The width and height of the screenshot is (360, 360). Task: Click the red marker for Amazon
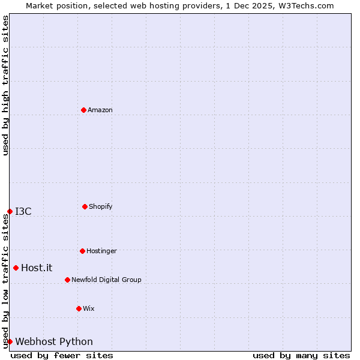[83, 110]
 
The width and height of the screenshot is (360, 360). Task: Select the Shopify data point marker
[85, 206]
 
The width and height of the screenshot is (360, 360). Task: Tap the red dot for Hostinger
[82, 251]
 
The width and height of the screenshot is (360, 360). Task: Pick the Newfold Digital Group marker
[67, 280]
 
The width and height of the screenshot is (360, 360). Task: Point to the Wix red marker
[79, 308]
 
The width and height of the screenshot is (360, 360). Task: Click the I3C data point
[10, 211]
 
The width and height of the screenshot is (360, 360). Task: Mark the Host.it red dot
[16, 268]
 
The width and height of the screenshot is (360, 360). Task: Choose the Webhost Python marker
[10, 341]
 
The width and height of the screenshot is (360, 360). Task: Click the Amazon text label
[100, 110]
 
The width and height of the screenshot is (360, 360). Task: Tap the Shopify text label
[101, 206]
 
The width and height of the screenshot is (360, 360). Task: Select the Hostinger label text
[101, 251]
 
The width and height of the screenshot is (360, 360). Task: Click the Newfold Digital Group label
[106, 280]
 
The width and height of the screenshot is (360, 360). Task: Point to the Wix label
[89, 308]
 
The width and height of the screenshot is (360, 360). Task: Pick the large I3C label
[23, 211]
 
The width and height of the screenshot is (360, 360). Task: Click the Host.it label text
[37, 268]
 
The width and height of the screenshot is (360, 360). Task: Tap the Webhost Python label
[54, 341]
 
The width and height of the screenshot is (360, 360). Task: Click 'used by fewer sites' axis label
[62, 355]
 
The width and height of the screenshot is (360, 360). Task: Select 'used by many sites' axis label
[301, 355]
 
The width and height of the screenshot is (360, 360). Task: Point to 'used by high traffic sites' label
[5, 85]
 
